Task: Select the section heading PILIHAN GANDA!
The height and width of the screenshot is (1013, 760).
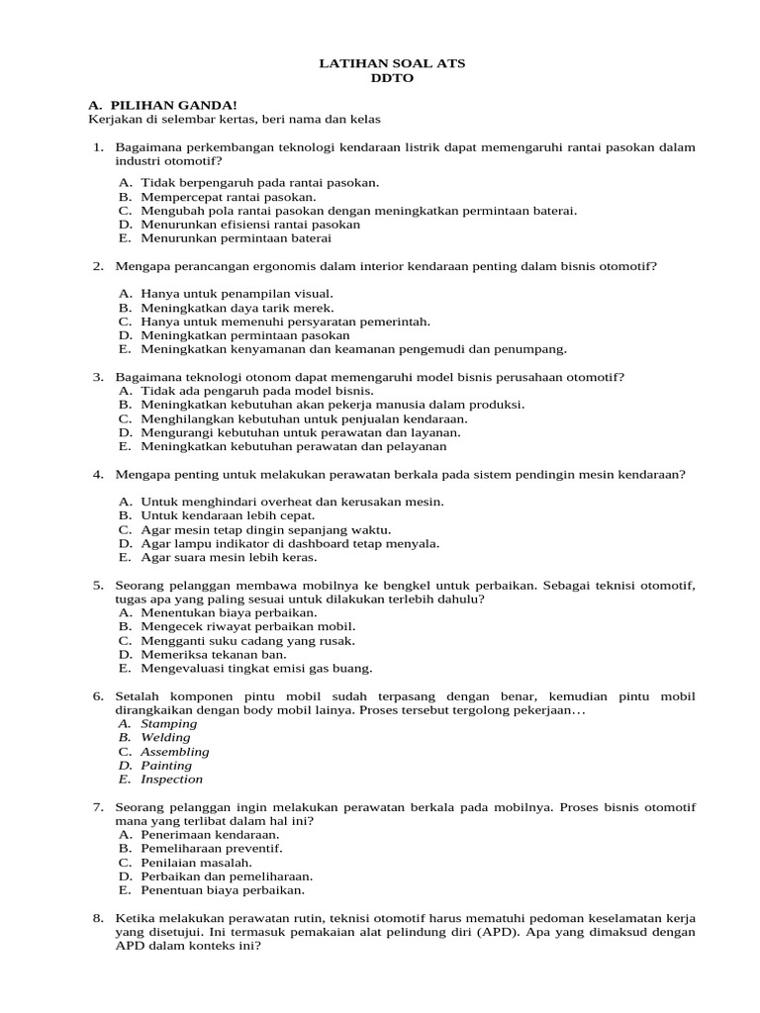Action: pos(173,105)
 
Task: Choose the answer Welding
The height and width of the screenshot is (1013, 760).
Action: pos(165,737)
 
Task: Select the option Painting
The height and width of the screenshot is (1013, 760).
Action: pos(166,765)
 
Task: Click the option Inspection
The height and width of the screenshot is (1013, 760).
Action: pos(171,779)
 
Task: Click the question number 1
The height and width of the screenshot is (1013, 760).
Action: pos(98,147)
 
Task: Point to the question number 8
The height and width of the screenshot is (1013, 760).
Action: pos(98,918)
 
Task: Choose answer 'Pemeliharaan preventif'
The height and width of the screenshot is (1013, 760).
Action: pos(211,848)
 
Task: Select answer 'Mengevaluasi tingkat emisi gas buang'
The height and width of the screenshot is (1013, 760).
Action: pos(256,668)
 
